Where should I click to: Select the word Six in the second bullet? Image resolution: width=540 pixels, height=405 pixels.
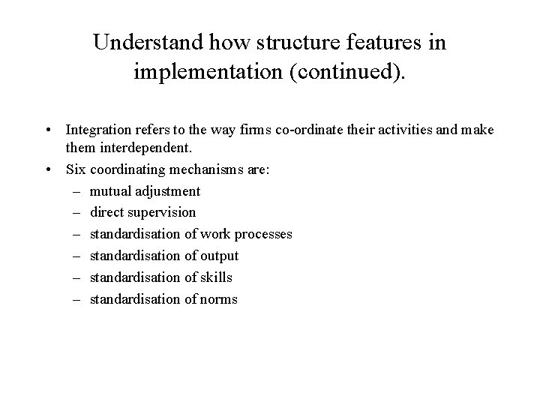coord(76,169)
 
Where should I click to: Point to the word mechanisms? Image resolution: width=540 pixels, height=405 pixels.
coord(213,169)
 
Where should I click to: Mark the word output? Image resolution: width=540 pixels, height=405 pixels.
coord(219,256)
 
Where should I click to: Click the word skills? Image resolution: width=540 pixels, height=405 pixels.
coord(216,277)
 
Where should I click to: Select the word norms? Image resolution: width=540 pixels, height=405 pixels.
coord(220,299)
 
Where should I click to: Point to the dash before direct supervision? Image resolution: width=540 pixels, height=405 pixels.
coord(76,213)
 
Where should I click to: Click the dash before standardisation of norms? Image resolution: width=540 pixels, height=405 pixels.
coord(76,299)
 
